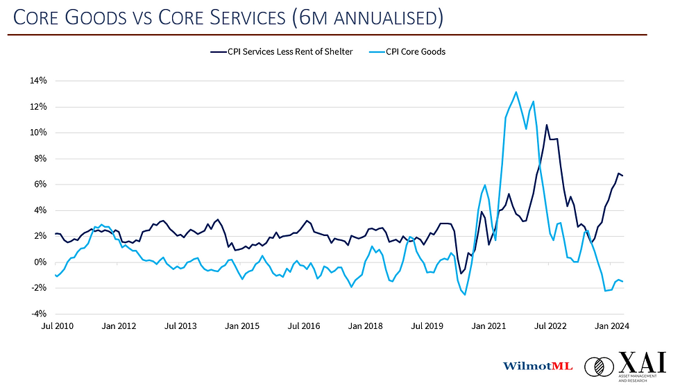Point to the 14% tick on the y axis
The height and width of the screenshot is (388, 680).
[37, 81]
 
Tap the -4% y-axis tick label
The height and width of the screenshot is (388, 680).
[37, 314]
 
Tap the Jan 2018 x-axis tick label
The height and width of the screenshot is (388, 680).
[364, 326]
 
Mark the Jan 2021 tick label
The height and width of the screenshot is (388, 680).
[489, 326]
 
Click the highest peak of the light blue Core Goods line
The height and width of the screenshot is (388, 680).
[516, 92]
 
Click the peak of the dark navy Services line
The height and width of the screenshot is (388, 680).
[547, 125]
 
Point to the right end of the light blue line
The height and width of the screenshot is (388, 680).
[622, 281]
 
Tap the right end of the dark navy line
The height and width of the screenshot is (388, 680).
[622, 176]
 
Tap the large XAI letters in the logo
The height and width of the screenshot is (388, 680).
[643, 363]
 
